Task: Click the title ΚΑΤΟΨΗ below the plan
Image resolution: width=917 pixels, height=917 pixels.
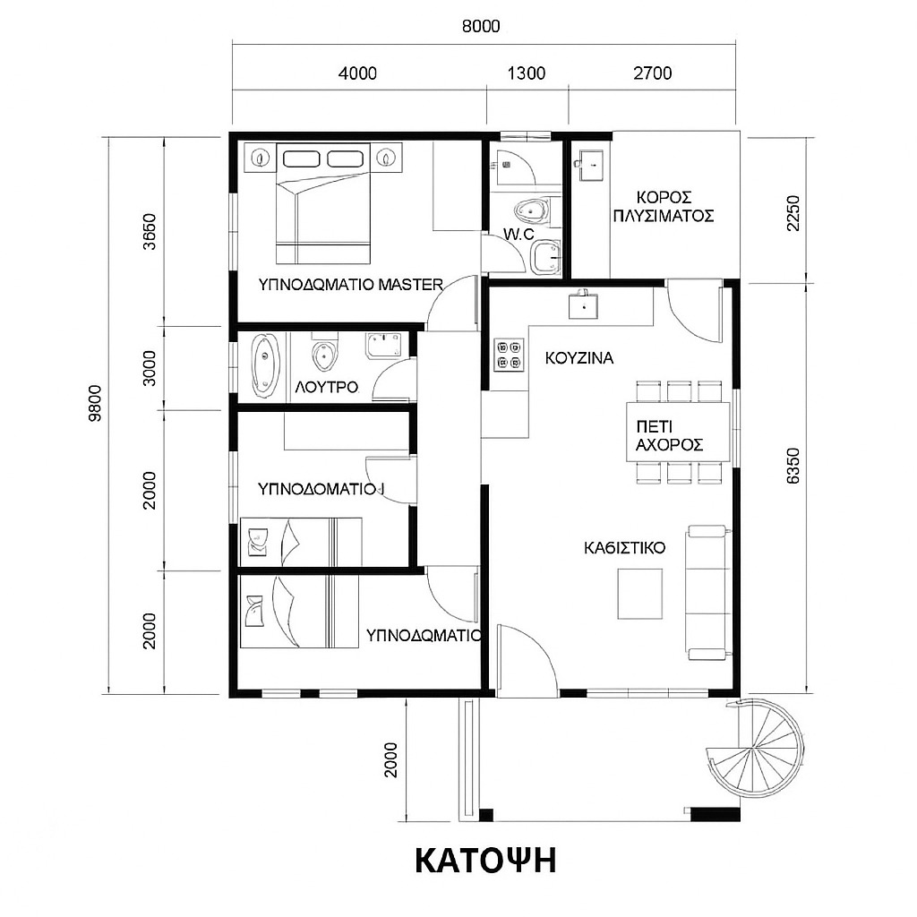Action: click(485, 861)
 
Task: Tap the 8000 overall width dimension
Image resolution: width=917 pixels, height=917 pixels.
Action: click(481, 26)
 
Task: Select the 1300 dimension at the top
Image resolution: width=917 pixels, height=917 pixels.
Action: click(527, 73)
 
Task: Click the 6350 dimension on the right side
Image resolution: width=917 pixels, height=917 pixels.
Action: click(793, 466)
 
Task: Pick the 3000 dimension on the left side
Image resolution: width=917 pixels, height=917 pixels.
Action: click(150, 368)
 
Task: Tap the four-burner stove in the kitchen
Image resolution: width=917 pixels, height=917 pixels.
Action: click(509, 355)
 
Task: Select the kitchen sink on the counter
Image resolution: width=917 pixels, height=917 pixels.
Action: click(583, 304)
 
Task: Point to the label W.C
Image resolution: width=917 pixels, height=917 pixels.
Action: click(518, 235)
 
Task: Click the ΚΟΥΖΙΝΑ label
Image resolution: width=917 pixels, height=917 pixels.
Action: click(579, 358)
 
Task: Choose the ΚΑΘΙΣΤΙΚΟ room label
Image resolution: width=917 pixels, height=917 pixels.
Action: click(624, 548)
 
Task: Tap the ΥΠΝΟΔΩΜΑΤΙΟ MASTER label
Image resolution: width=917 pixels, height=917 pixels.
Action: click(351, 285)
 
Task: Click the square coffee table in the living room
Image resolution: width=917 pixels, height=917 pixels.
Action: click(639, 594)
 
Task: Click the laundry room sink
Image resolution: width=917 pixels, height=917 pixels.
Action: click(591, 165)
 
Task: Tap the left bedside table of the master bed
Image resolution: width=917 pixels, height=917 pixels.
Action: click(260, 158)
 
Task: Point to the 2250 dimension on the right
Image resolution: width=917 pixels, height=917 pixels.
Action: click(793, 212)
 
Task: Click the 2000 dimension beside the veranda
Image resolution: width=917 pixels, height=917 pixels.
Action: click(390, 759)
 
